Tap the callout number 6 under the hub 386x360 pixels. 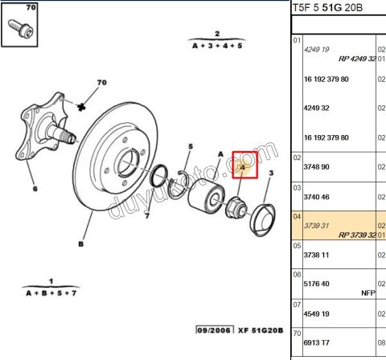[x=35, y=190]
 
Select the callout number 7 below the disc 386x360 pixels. [x=147, y=215]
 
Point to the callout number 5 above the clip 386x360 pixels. [x=191, y=146]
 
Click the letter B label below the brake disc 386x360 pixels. [x=82, y=244]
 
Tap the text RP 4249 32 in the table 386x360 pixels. [x=356, y=59]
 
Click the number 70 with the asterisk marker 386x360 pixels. [x=102, y=83]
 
